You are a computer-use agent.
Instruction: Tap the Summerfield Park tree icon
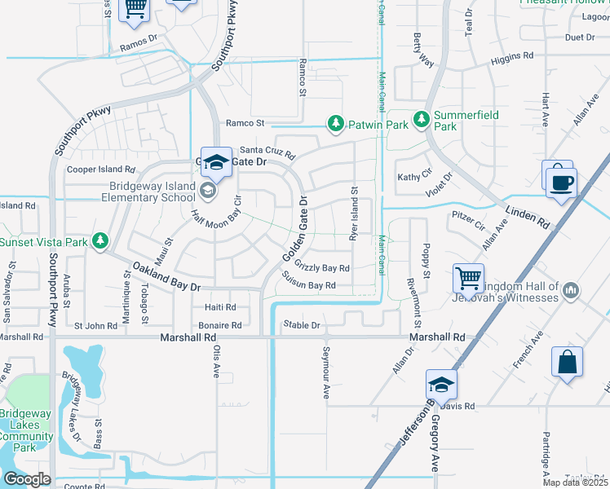(x=422, y=120)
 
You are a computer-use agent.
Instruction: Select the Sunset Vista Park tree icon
(x=99, y=240)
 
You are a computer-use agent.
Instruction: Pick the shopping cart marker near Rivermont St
(x=469, y=279)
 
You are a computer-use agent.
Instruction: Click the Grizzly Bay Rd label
(x=322, y=267)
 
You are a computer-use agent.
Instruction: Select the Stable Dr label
(x=302, y=325)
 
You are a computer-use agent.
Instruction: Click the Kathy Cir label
(x=413, y=177)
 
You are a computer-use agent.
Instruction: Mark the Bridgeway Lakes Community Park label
(x=26, y=431)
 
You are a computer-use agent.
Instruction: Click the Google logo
(x=26, y=479)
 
